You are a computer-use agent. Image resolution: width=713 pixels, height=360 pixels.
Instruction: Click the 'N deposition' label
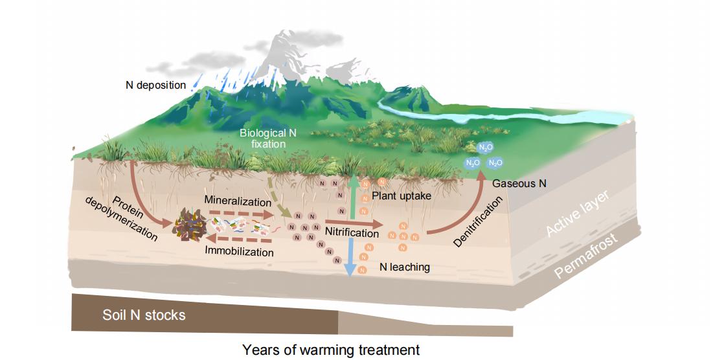[155, 85]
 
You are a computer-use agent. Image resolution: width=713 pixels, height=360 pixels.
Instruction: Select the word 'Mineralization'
[238, 200]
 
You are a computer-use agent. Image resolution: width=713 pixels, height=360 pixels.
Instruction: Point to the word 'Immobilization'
[239, 251]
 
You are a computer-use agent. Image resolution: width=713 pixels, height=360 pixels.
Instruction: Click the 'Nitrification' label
[352, 232]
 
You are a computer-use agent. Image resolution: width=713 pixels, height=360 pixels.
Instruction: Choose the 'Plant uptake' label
[402, 196]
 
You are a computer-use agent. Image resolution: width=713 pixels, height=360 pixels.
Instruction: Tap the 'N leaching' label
[405, 267]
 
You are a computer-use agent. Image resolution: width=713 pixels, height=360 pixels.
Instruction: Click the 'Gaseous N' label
[519, 184]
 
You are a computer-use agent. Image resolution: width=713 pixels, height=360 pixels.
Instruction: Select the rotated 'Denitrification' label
[479, 222]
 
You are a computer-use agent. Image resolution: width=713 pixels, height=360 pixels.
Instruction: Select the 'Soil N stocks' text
[144, 315]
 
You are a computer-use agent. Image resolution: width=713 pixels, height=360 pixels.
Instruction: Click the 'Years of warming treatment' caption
[330, 350]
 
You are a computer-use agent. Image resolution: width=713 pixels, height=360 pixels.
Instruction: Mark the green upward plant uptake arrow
[353, 197]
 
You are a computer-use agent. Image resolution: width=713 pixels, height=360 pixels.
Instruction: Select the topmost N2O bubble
[486, 147]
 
